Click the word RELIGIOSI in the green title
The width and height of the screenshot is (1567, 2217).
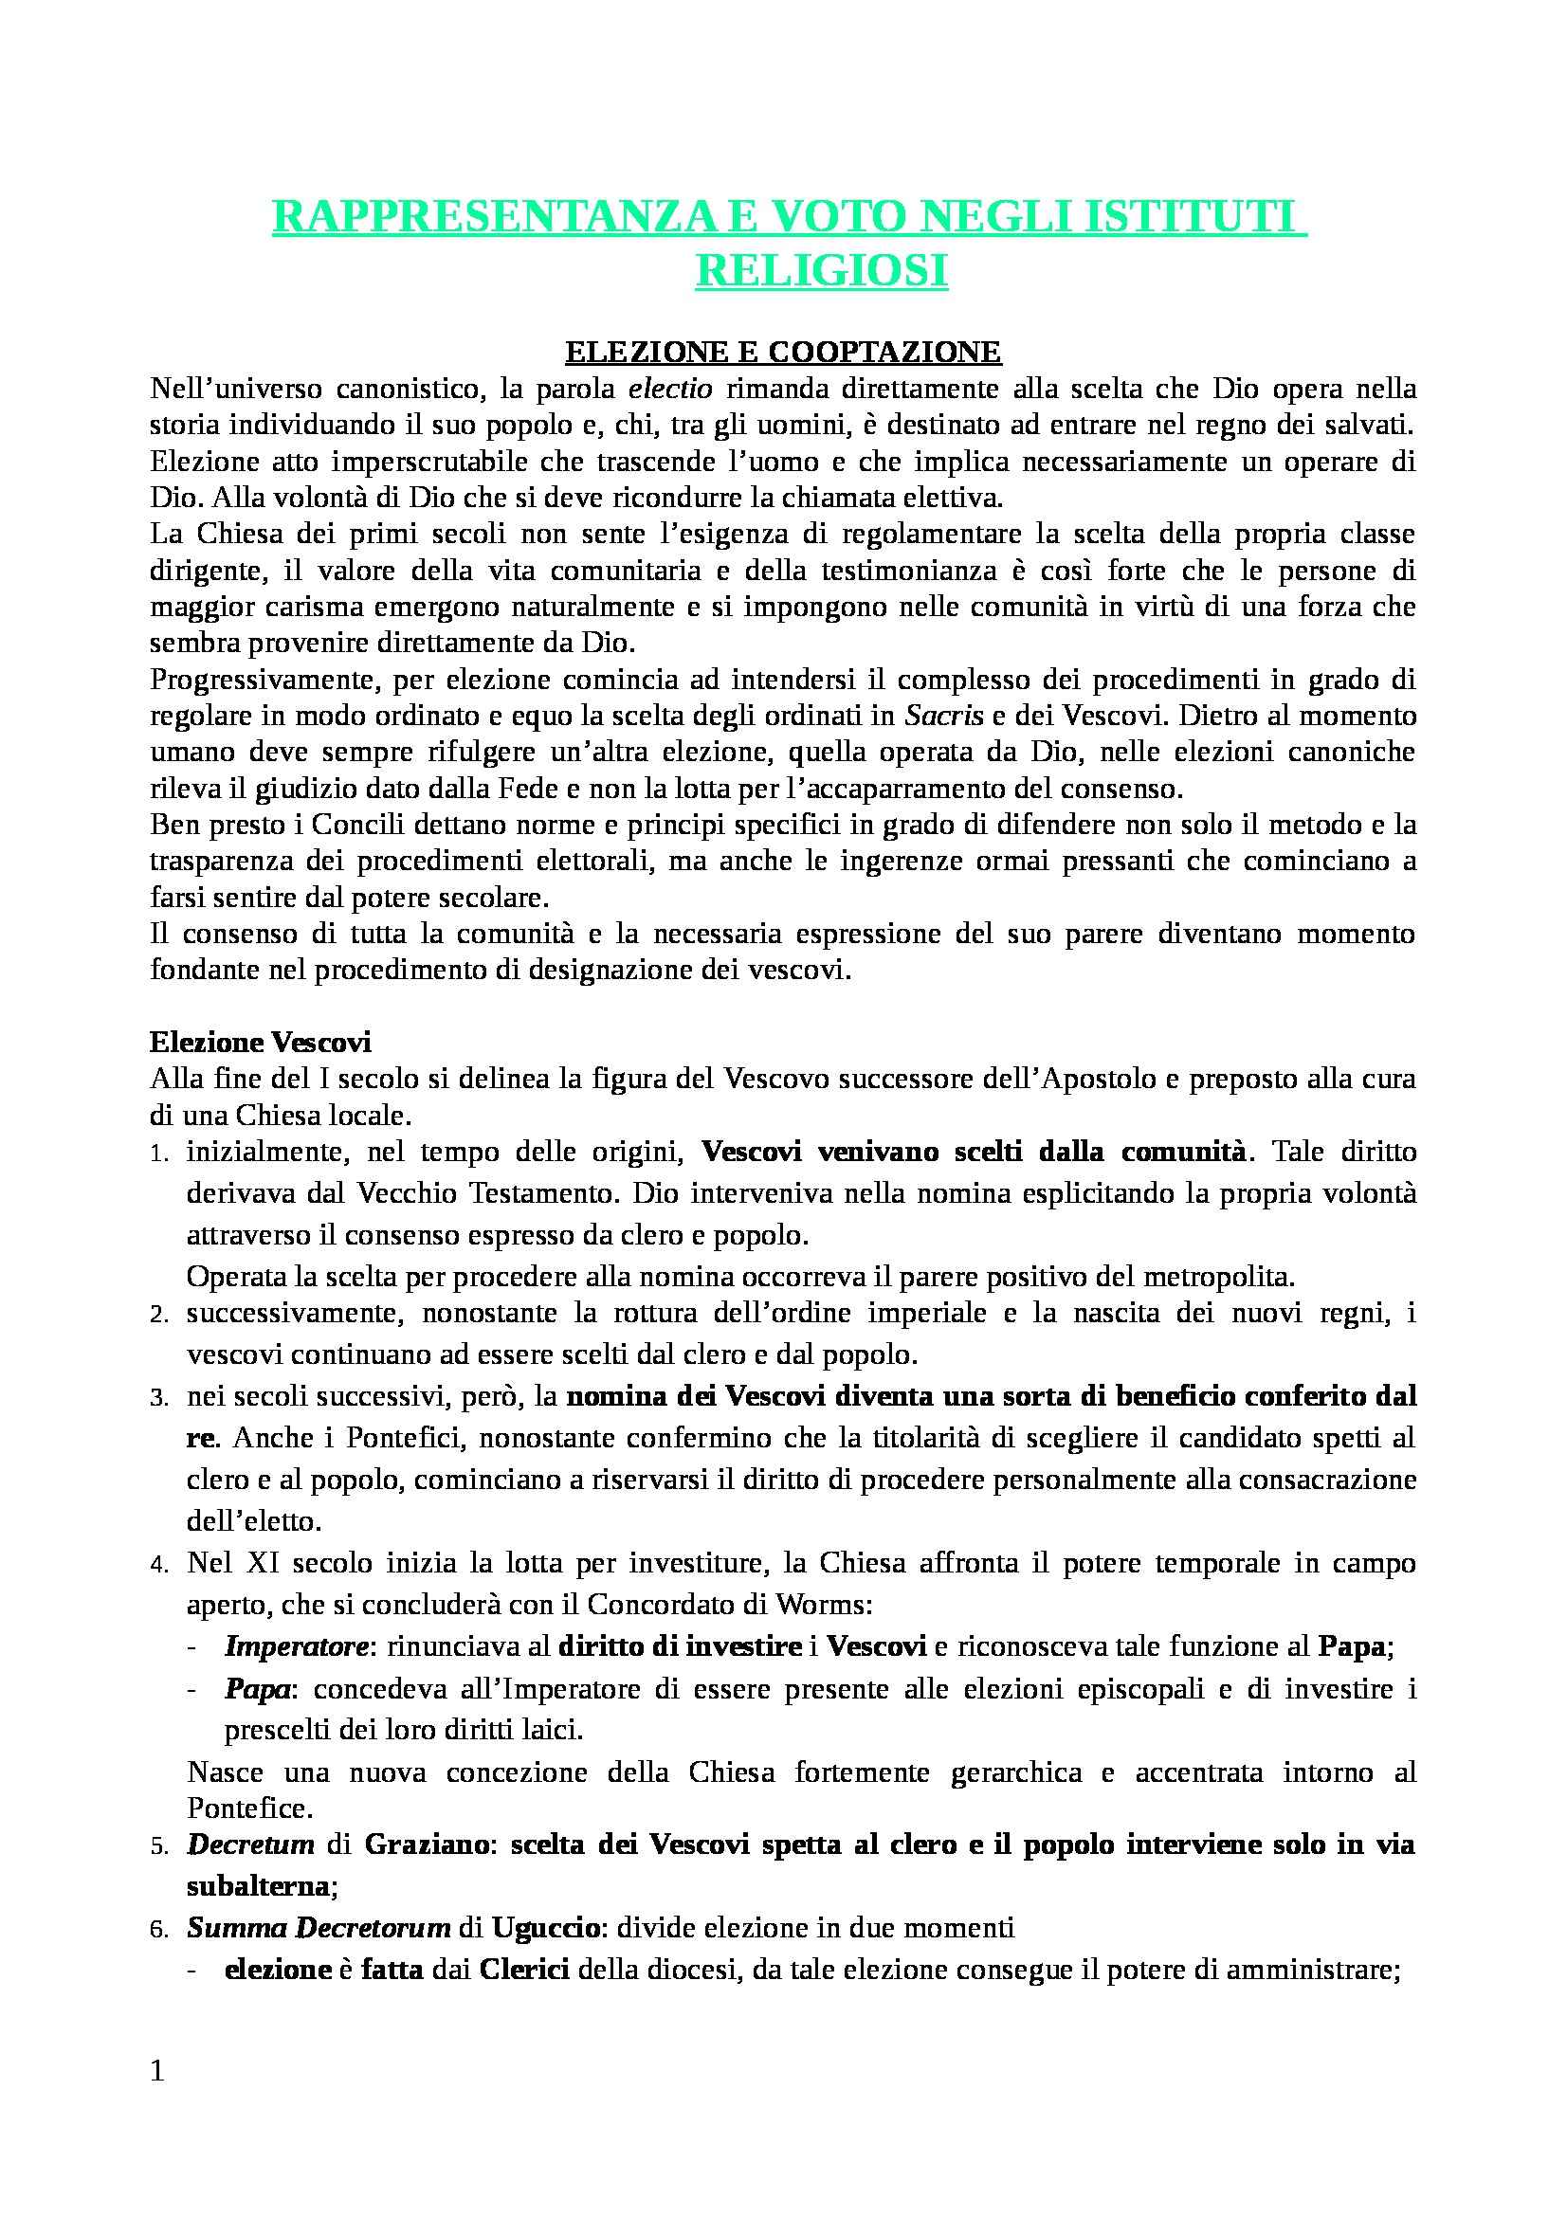pos(821,271)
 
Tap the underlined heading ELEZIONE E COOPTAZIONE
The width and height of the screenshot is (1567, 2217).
pos(783,353)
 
